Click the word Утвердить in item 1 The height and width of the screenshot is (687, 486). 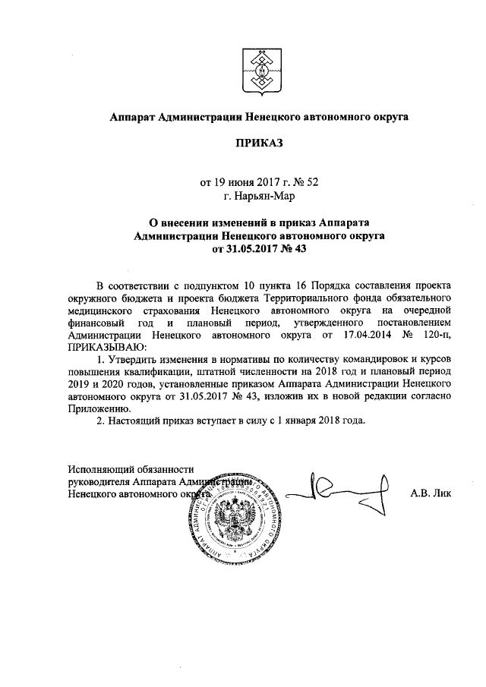pos(138,358)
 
